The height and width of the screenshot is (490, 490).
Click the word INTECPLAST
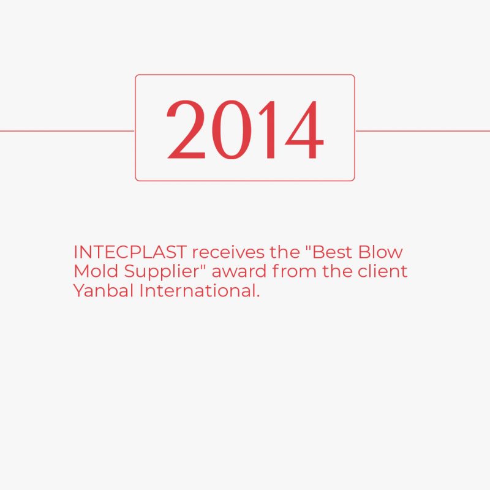pyautogui.click(x=130, y=252)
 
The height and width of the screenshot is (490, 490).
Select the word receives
pyautogui.click(x=228, y=252)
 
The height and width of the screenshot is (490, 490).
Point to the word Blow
pyautogui.click(x=380, y=252)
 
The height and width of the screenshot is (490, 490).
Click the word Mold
pyautogui.click(x=96, y=271)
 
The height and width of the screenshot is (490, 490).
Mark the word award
pyautogui.click(x=239, y=271)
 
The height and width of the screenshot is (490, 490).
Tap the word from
pyautogui.click(x=295, y=271)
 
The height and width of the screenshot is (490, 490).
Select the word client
pyautogui.click(x=382, y=271)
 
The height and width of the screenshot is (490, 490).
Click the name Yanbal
pyautogui.click(x=103, y=290)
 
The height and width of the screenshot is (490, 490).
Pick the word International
pyautogui.click(x=198, y=290)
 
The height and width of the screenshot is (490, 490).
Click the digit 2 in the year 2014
pyautogui.click(x=186, y=129)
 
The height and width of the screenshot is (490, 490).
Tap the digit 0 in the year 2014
pyautogui.click(x=232, y=129)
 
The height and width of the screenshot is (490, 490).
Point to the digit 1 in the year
pyautogui.click(x=269, y=129)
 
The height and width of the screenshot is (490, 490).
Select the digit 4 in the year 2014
pyautogui.click(x=304, y=129)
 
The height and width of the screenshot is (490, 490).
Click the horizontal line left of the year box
pyautogui.click(x=67, y=131)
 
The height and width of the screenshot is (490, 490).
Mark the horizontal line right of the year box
pyautogui.click(x=423, y=131)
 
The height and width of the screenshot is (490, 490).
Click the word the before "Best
pyautogui.click(x=284, y=252)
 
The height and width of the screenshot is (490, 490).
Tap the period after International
pyautogui.click(x=258, y=296)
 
